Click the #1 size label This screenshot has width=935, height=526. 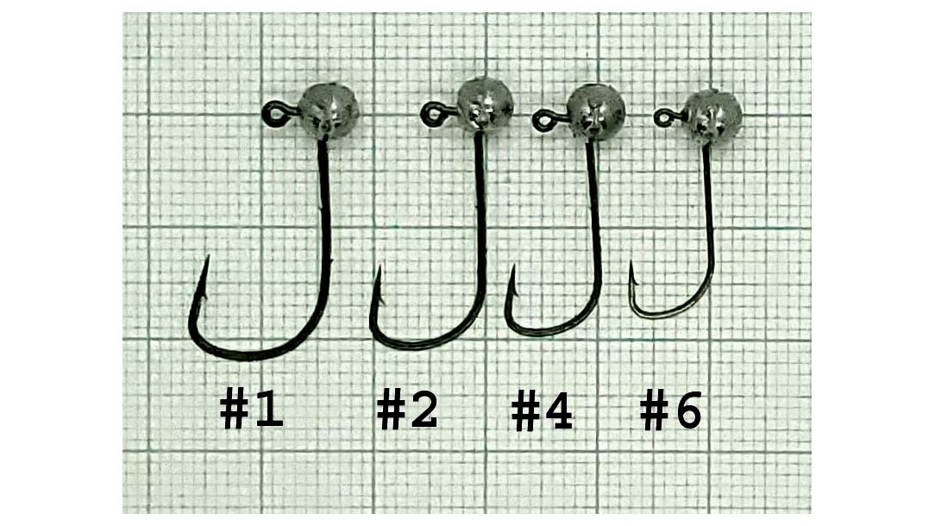point(252,409)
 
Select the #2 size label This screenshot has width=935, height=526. point(407,409)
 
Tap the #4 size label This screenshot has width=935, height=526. point(542,411)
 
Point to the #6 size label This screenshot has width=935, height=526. point(670,410)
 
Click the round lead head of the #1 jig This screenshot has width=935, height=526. point(329,111)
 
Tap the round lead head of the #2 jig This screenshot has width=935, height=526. point(486,104)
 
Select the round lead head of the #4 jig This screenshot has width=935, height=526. point(595,112)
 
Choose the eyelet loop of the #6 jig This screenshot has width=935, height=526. point(663,117)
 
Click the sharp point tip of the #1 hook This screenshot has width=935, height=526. point(208,256)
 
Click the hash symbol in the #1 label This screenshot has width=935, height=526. point(234,409)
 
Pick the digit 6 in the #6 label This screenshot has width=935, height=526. point(688,410)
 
